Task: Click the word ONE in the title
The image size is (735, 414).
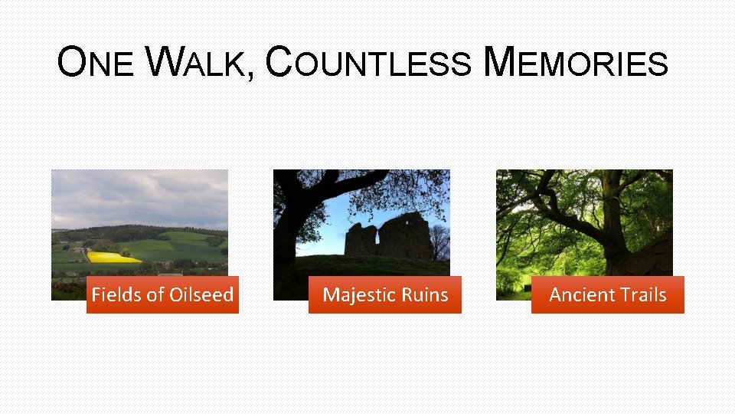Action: pos(95,63)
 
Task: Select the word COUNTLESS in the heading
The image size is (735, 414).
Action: pos(367,63)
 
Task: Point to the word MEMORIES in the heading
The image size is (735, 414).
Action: pos(577,63)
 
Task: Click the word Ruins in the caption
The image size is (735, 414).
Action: pos(425,295)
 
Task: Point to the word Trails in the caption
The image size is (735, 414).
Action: pos(644,295)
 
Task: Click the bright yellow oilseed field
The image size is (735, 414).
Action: pos(112,257)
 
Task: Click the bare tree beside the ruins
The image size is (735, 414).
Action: pos(439,242)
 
